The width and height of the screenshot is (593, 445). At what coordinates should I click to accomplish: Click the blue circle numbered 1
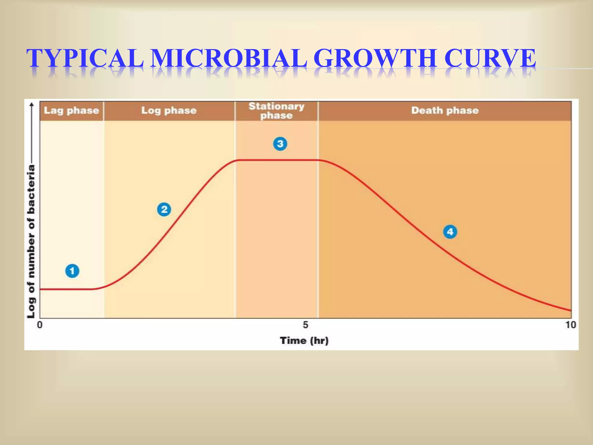click(x=72, y=271)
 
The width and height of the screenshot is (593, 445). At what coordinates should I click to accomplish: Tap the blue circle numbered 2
click(x=164, y=209)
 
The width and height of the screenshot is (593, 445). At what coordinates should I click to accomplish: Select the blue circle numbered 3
click(x=280, y=144)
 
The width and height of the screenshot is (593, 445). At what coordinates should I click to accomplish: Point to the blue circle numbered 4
click(x=450, y=232)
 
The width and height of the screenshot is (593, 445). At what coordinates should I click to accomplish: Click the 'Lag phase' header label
click(x=71, y=110)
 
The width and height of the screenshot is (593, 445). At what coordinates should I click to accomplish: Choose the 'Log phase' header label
click(x=169, y=110)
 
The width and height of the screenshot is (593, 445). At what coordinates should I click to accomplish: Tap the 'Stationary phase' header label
click(x=277, y=111)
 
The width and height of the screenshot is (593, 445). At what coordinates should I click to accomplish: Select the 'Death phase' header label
click(x=445, y=110)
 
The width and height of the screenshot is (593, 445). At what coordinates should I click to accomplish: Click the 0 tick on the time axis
click(x=40, y=325)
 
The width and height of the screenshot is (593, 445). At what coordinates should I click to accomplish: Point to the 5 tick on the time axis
click(x=305, y=325)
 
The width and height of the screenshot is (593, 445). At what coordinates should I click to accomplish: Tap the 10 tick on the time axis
click(x=570, y=325)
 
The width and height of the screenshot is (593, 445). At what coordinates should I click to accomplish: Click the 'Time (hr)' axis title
click(x=304, y=340)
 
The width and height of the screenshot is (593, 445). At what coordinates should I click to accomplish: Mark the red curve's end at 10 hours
click(x=571, y=311)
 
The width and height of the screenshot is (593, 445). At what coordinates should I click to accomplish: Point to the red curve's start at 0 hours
click(x=41, y=289)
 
